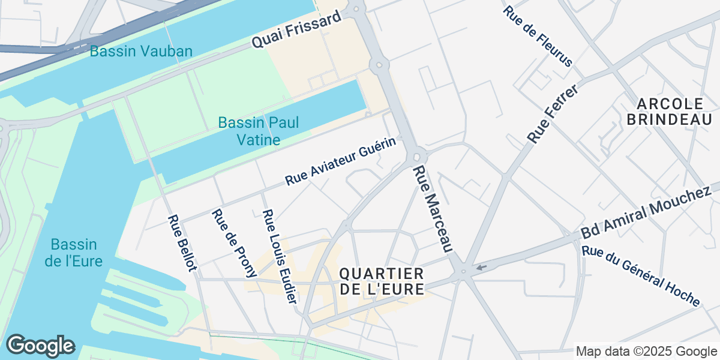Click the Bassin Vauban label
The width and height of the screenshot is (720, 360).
(x=141, y=51)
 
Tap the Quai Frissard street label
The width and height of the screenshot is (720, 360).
(x=296, y=30)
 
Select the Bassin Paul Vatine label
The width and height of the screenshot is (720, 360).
(x=258, y=131)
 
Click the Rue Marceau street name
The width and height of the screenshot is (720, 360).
(x=432, y=208)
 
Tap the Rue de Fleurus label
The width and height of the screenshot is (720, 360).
(x=538, y=37)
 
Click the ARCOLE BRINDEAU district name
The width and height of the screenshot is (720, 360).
(x=668, y=111)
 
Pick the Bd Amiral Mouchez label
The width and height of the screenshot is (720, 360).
(x=646, y=212)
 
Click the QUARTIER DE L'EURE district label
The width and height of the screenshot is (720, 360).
(x=382, y=281)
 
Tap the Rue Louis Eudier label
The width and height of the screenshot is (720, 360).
(x=280, y=257)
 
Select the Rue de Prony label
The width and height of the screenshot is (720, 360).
(x=233, y=244)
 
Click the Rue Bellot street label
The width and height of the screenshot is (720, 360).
(x=182, y=243)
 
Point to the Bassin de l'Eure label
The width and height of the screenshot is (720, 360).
(x=76, y=253)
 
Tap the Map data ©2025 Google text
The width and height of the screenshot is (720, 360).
(x=646, y=351)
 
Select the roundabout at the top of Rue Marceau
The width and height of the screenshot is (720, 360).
(x=417, y=156)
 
